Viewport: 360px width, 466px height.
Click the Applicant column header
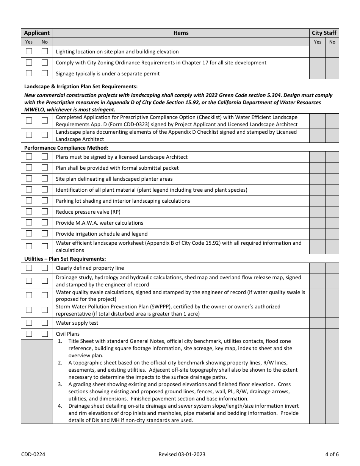pyautogui.click(x=37, y=33)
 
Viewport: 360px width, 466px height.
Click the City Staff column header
pyautogui.click(x=324, y=33)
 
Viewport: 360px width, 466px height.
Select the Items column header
pyautogui.click(x=181, y=33)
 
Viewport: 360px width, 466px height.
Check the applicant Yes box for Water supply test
pyautogui.click(x=29, y=323)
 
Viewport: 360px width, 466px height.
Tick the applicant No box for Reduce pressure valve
pyautogui.click(x=45, y=212)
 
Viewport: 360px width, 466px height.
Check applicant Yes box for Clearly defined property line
pyautogui.click(x=29, y=268)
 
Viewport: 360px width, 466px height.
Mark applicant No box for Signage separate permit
pyautogui.click(x=45, y=73)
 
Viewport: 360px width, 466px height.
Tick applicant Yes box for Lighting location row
pyautogui.click(x=29, y=52)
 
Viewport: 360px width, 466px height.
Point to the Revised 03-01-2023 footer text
pyautogui.click(x=182, y=454)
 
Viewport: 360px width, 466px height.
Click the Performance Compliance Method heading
pyautogui.click(x=66, y=148)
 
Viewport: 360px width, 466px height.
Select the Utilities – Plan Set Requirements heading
pyautogui.click(x=65, y=259)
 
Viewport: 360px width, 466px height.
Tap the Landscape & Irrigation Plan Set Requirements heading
pyautogui.click(x=81, y=86)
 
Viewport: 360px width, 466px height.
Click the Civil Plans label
pyautogui.click(x=68, y=334)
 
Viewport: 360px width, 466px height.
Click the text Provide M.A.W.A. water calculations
pyautogui.click(x=99, y=223)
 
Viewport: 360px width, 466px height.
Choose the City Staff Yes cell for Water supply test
pyautogui.click(x=317, y=323)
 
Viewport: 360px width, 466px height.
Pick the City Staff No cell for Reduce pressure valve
pyautogui.click(x=332, y=212)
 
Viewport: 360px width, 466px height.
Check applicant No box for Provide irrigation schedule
pyautogui.click(x=45, y=234)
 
